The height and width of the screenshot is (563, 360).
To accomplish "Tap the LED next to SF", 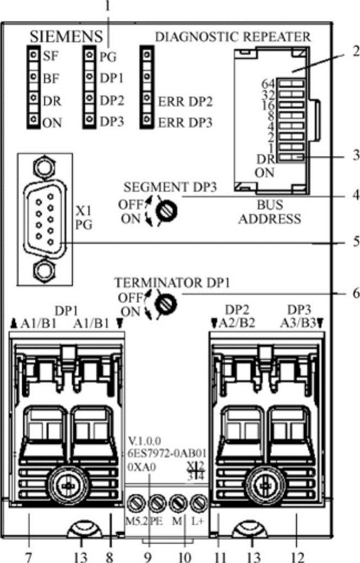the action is tap(35, 55).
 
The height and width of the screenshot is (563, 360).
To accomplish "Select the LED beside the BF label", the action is tap(35, 79).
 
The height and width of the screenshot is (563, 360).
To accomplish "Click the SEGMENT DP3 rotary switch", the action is tap(163, 211).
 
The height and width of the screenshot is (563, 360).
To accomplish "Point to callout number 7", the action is tap(29, 554).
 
